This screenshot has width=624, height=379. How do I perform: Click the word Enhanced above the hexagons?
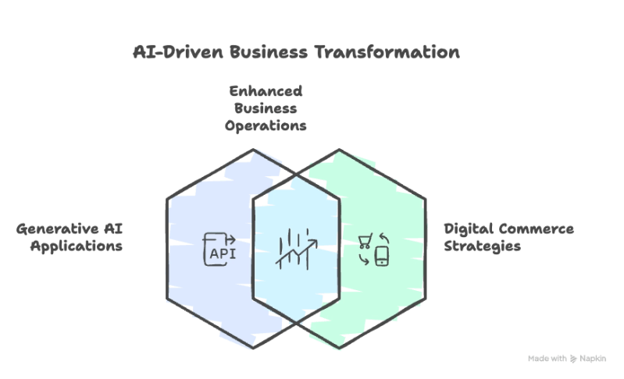[265, 90]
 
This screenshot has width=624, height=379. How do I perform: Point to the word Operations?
[265, 125]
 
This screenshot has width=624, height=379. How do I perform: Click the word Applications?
[76, 246]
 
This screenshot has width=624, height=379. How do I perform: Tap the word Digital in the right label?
[469, 229]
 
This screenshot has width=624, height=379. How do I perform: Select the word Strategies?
[483, 246]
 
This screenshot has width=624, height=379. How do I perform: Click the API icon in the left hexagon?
[219, 248]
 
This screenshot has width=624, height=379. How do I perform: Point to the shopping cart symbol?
[364, 240]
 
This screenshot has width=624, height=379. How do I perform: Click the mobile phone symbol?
[381, 256]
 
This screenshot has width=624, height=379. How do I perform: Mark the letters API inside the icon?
[219, 253]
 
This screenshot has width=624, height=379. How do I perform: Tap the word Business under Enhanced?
[265, 108]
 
